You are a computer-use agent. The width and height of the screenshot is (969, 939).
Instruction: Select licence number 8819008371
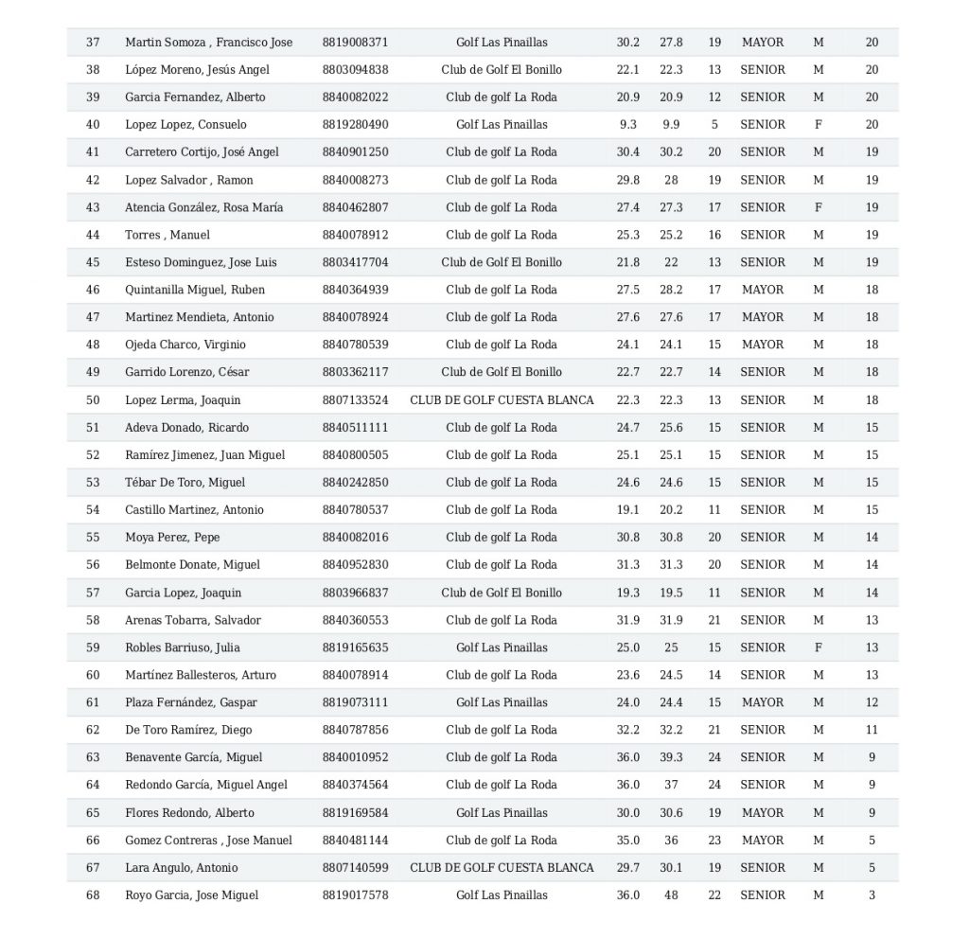pyautogui.click(x=355, y=42)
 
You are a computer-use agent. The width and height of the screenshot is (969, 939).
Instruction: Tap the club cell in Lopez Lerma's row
pyautogui.click(x=502, y=400)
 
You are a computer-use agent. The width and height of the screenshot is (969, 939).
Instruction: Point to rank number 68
pyautogui.click(x=93, y=895)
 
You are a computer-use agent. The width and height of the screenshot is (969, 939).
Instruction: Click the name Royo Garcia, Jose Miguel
pyautogui.click(x=191, y=895)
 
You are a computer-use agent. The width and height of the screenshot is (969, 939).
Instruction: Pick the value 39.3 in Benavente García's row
pyautogui.click(x=671, y=757)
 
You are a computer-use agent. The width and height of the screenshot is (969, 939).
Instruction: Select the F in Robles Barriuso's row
pyautogui.click(x=819, y=647)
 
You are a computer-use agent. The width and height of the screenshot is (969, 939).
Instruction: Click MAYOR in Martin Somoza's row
pyautogui.click(x=763, y=42)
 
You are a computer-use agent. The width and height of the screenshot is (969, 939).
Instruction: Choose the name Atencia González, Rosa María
pyautogui.click(x=203, y=207)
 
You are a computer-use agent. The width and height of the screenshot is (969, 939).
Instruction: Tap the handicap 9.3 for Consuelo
pyautogui.click(x=627, y=124)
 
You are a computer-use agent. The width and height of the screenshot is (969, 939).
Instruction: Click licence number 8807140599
pyautogui.click(x=355, y=868)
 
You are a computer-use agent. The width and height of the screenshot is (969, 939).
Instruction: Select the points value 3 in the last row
pyautogui.click(x=872, y=895)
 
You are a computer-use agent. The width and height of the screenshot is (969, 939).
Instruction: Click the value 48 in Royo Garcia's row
pyautogui.click(x=671, y=895)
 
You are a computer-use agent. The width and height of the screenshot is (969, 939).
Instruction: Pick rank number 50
pyautogui.click(x=93, y=400)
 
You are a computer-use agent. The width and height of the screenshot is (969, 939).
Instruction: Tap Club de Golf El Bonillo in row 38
pyautogui.click(x=502, y=69)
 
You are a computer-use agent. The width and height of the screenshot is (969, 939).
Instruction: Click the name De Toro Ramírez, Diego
pyautogui.click(x=188, y=730)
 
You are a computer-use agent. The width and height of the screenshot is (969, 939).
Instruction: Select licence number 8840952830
pyautogui.click(x=355, y=565)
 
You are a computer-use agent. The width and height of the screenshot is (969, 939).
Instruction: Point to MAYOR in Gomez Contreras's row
pyautogui.click(x=763, y=841)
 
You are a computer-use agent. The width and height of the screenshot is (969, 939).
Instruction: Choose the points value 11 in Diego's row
pyautogui.click(x=872, y=730)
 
